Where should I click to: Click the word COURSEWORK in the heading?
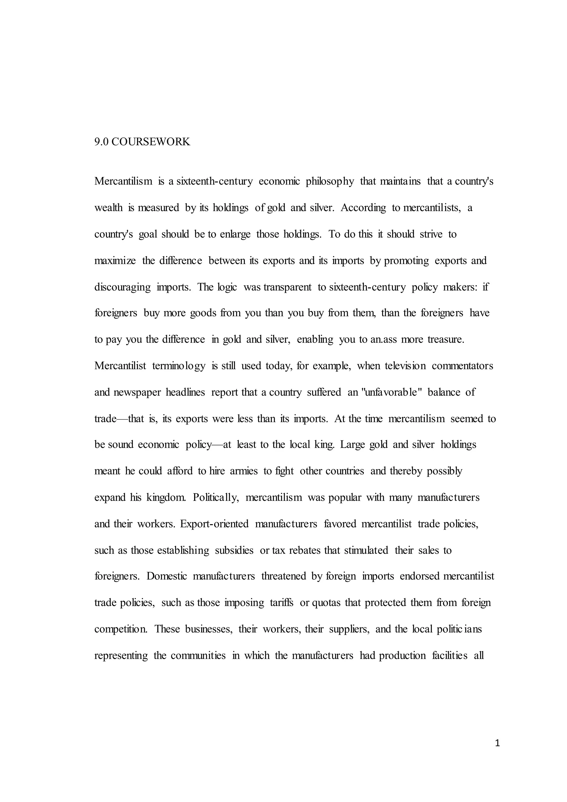(151, 142)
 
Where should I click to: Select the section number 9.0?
(102, 142)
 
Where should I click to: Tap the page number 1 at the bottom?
(498, 753)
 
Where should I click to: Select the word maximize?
(115, 261)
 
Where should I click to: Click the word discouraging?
(122, 287)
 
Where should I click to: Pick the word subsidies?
(234, 550)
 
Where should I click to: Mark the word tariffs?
(281, 603)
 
